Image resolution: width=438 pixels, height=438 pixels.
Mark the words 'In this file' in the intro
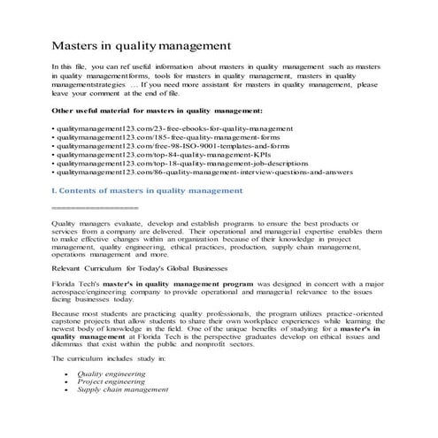coord(71,67)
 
